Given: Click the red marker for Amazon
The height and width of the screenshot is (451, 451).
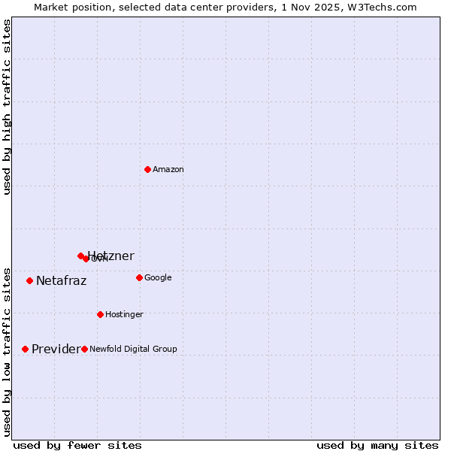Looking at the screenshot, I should click(147, 169).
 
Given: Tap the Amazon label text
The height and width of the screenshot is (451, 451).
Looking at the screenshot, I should click(168, 170).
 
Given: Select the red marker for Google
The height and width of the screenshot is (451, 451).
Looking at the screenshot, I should click(139, 277).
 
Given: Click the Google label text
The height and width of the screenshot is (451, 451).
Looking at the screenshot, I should click(158, 278).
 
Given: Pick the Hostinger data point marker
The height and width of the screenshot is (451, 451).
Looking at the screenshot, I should click(100, 314).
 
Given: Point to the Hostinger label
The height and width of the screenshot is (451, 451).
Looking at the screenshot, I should click(124, 314).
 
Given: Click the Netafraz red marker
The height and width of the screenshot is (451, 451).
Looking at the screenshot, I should click(29, 280).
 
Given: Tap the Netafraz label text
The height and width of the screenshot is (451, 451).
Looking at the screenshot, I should click(61, 281).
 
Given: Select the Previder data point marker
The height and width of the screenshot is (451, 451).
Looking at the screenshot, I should click(25, 349).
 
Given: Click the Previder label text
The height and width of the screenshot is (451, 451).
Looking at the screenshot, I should click(55, 350).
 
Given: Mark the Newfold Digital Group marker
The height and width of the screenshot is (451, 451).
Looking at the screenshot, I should click(84, 349).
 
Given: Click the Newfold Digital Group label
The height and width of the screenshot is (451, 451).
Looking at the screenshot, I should click(133, 349).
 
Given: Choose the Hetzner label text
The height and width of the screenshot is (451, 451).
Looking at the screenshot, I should click(111, 256).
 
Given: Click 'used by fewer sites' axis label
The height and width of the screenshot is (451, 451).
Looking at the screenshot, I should click(77, 445).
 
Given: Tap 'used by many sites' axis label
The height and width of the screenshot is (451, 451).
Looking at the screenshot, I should click(377, 445).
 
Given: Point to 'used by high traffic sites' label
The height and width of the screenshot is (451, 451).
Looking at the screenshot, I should click(8, 107).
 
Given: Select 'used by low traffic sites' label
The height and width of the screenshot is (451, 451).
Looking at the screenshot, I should click(8, 351).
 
